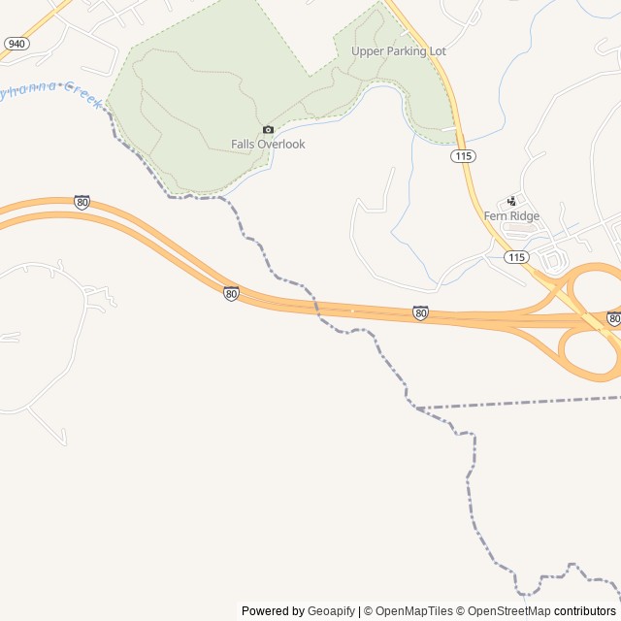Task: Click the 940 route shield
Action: pyautogui.click(x=16, y=44)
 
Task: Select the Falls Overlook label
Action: pyautogui.click(x=268, y=145)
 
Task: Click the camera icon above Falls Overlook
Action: pyautogui.click(x=268, y=130)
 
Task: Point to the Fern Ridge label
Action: pyautogui.click(x=511, y=216)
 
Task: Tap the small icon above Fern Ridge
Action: pyautogui.click(x=512, y=201)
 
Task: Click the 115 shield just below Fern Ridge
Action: pyautogui.click(x=516, y=257)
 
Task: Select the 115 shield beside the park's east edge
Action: pyautogui.click(x=463, y=155)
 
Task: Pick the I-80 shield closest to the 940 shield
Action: pyautogui.click(x=82, y=203)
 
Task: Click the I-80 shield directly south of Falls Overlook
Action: pyautogui.click(x=231, y=293)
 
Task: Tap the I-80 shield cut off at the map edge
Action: pyautogui.click(x=614, y=318)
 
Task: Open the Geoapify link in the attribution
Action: pyautogui.click(x=331, y=611)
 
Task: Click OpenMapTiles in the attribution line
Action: pyautogui.click(x=414, y=611)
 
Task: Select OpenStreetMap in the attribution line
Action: pyautogui.click(x=509, y=611)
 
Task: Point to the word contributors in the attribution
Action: pyautogui.click(x=585, y=611)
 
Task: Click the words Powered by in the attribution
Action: pyautogui.click(x=273, y=611)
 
